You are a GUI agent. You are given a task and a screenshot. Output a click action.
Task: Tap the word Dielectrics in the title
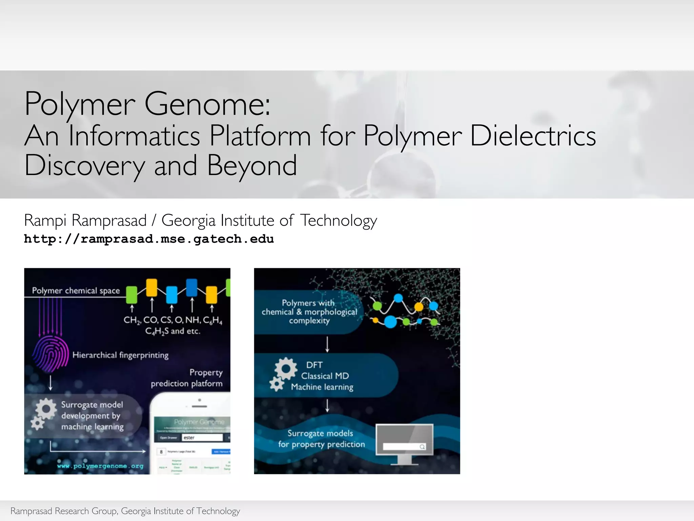[533, 136]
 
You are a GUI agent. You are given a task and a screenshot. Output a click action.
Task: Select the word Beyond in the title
[252, 166]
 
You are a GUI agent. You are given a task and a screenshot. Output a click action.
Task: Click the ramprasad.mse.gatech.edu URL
[149, 239]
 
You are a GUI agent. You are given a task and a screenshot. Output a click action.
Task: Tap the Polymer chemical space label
[76, 291]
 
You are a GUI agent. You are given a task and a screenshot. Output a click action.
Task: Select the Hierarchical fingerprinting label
[120, 355]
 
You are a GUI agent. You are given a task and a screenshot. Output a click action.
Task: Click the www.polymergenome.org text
[100, 466]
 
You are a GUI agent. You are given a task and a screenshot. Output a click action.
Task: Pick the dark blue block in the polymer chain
[192, 287]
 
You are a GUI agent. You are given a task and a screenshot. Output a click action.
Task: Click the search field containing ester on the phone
[202, 438]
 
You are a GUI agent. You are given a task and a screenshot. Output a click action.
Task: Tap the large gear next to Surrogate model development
[45, 409]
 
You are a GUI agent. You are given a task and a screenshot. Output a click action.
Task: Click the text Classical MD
[325, 376]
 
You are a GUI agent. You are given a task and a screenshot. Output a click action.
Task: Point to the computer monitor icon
[404, 443]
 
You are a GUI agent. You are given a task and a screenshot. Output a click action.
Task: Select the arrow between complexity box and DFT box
[327, 344]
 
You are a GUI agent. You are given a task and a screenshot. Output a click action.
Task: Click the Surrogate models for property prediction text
[321, 439]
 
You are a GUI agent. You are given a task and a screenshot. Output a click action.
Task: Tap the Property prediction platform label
[187, 378]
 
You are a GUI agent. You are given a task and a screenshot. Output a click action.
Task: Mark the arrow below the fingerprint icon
[50, 383]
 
